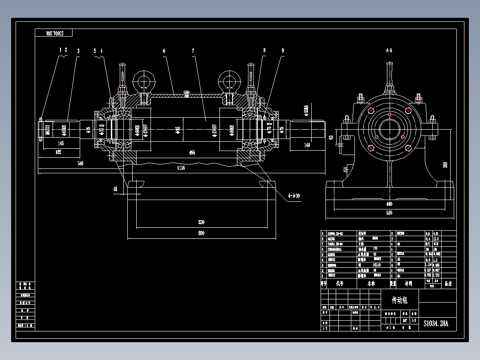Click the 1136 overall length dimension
(x=181, y=168)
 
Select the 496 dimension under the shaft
(x=192, y=153)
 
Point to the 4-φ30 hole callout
(x=294, y=195)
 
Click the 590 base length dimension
(x=201, y=233)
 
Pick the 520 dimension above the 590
(x=201, y=222)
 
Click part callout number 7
(x=193, y=51)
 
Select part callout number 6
(x=164, y=51)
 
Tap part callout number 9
(x=282, y=51)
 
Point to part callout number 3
(x=78, y=51)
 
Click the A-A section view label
(x=389, y=51)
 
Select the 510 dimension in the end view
(x=389, y=213)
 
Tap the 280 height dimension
(x=445, y=165)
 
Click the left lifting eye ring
(x=143, y=82)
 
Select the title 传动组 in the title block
(x=399, y=300)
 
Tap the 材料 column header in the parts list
(x=408, y=283)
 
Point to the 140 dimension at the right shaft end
(x=307, y=145)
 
